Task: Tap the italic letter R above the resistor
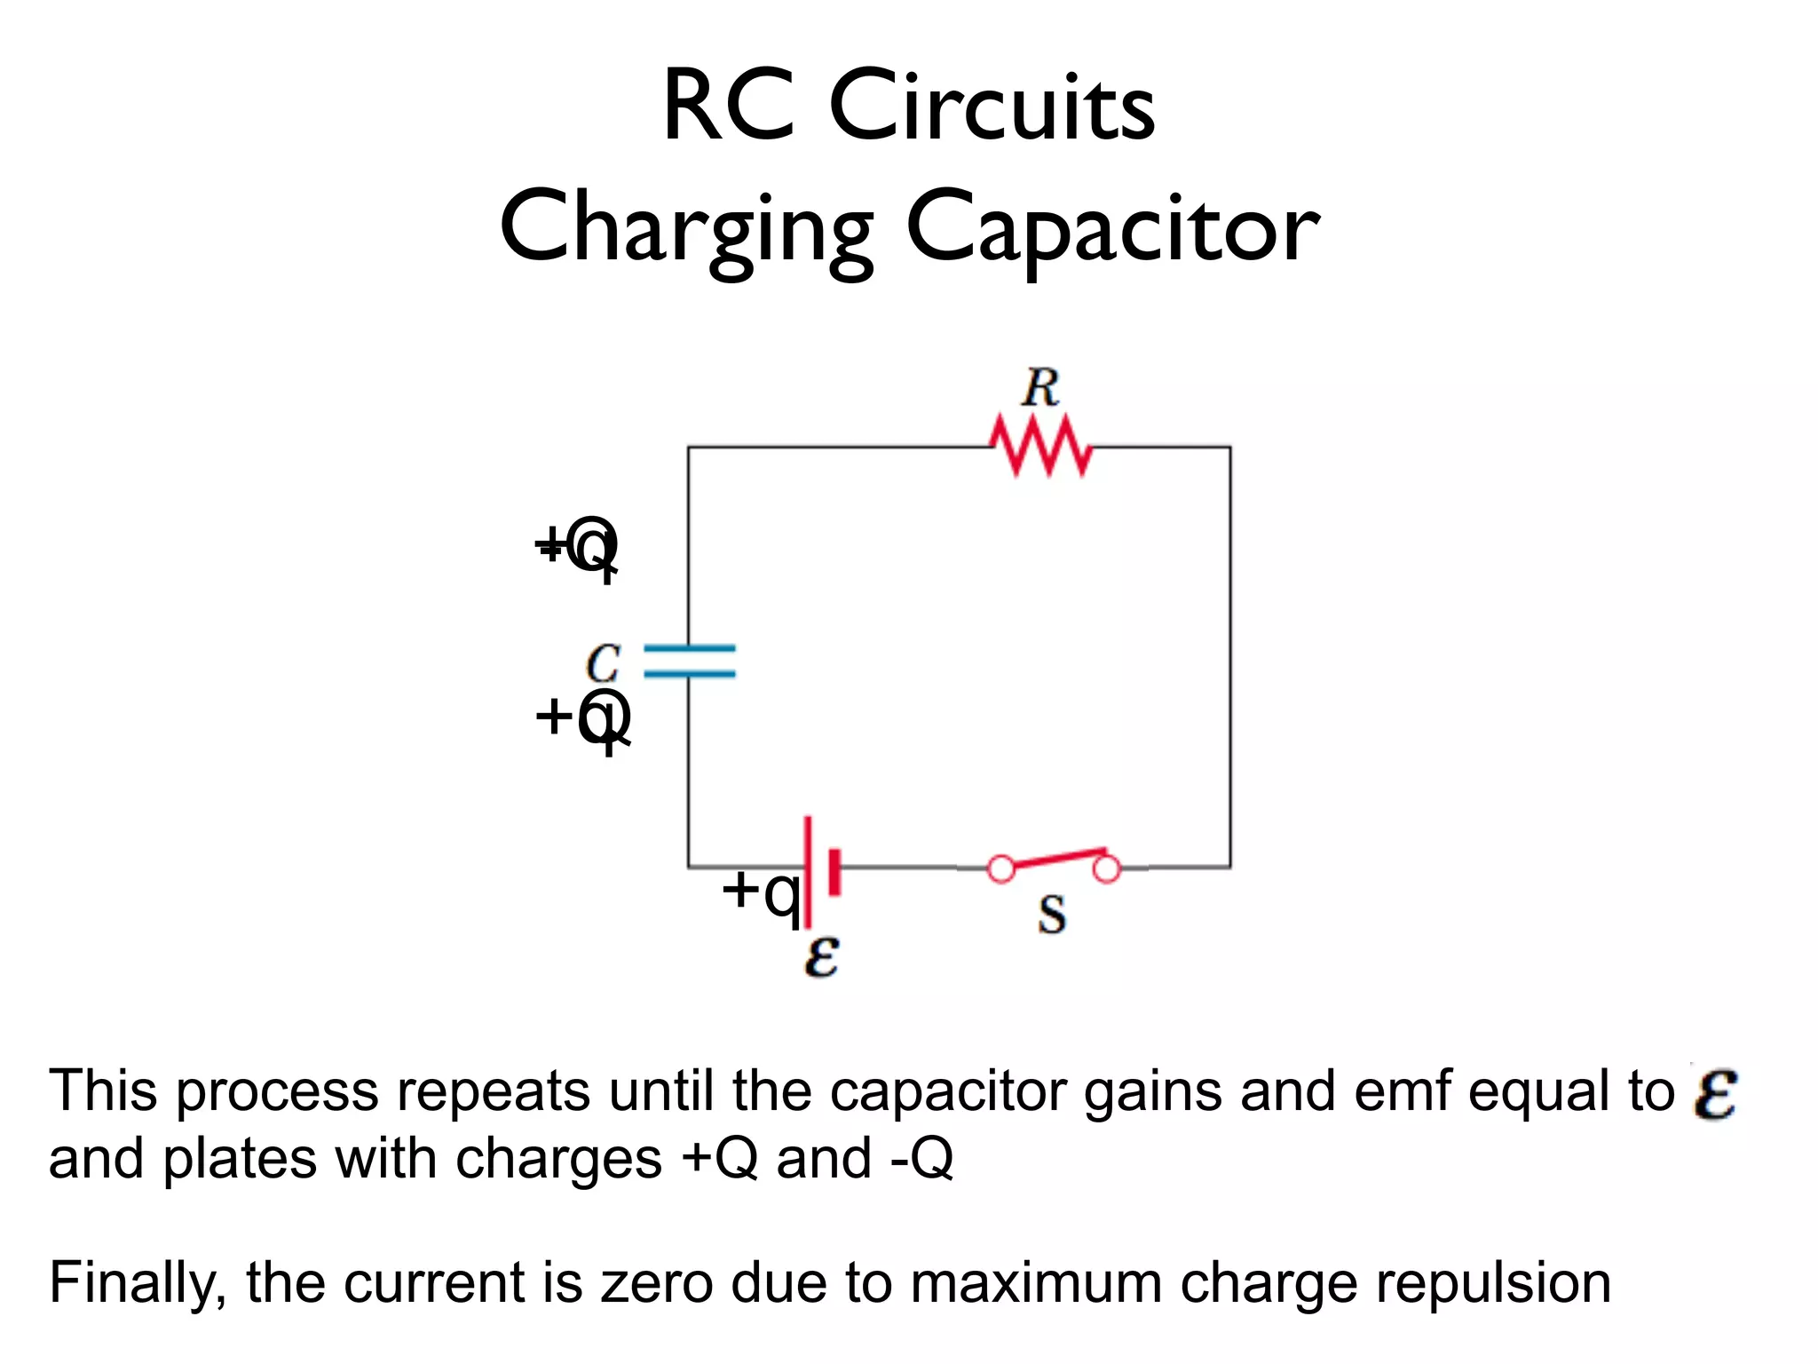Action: point(1040,389)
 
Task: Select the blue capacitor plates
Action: point(690,662)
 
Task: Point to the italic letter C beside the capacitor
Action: point(604,664)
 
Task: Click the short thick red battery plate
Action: point(834,871)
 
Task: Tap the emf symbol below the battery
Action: point(821,958)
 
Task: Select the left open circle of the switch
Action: point(1001,868)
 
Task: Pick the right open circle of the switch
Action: point(1106,868)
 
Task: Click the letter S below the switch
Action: point(1052,915)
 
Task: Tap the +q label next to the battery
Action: point(762,892)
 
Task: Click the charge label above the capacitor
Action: point(577,546)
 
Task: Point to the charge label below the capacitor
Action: point(583,718)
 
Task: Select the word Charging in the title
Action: point(686,229)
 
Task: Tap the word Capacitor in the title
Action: point(1112,229)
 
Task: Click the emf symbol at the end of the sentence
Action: point(1714,1092)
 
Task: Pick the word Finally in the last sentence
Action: point(133,1284)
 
